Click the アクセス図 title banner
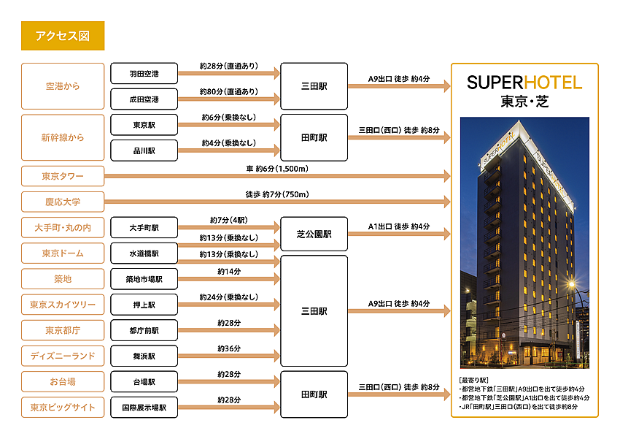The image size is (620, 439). (x=63, y=35)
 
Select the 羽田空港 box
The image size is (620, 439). (x=144, y=74)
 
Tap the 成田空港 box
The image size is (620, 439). (x=144, y=99)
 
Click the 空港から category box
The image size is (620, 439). (x=63, y=86)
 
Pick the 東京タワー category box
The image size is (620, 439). (x=63, y=176)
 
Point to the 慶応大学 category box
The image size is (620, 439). (x=63, y=202)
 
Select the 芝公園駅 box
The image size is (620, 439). (x=314, y=234)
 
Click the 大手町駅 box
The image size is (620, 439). (x=144, y=228)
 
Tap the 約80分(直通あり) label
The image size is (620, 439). (x=228, y=91)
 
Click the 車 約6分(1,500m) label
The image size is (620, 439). (x=277, y=169)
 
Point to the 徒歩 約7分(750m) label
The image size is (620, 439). (x=277, y=194)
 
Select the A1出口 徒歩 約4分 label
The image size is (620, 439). (x=398, y=226)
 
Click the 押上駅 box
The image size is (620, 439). (x=144, y=305)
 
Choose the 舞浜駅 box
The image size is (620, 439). (x=144, y=356)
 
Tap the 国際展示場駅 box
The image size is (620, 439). (x=144, y=408)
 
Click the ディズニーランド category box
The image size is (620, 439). (x=63, y=356)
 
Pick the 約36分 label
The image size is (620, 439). (x=228, y=348)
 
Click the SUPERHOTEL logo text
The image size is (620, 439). (x=524, y=82)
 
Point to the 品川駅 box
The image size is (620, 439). (x=144, y=150)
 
